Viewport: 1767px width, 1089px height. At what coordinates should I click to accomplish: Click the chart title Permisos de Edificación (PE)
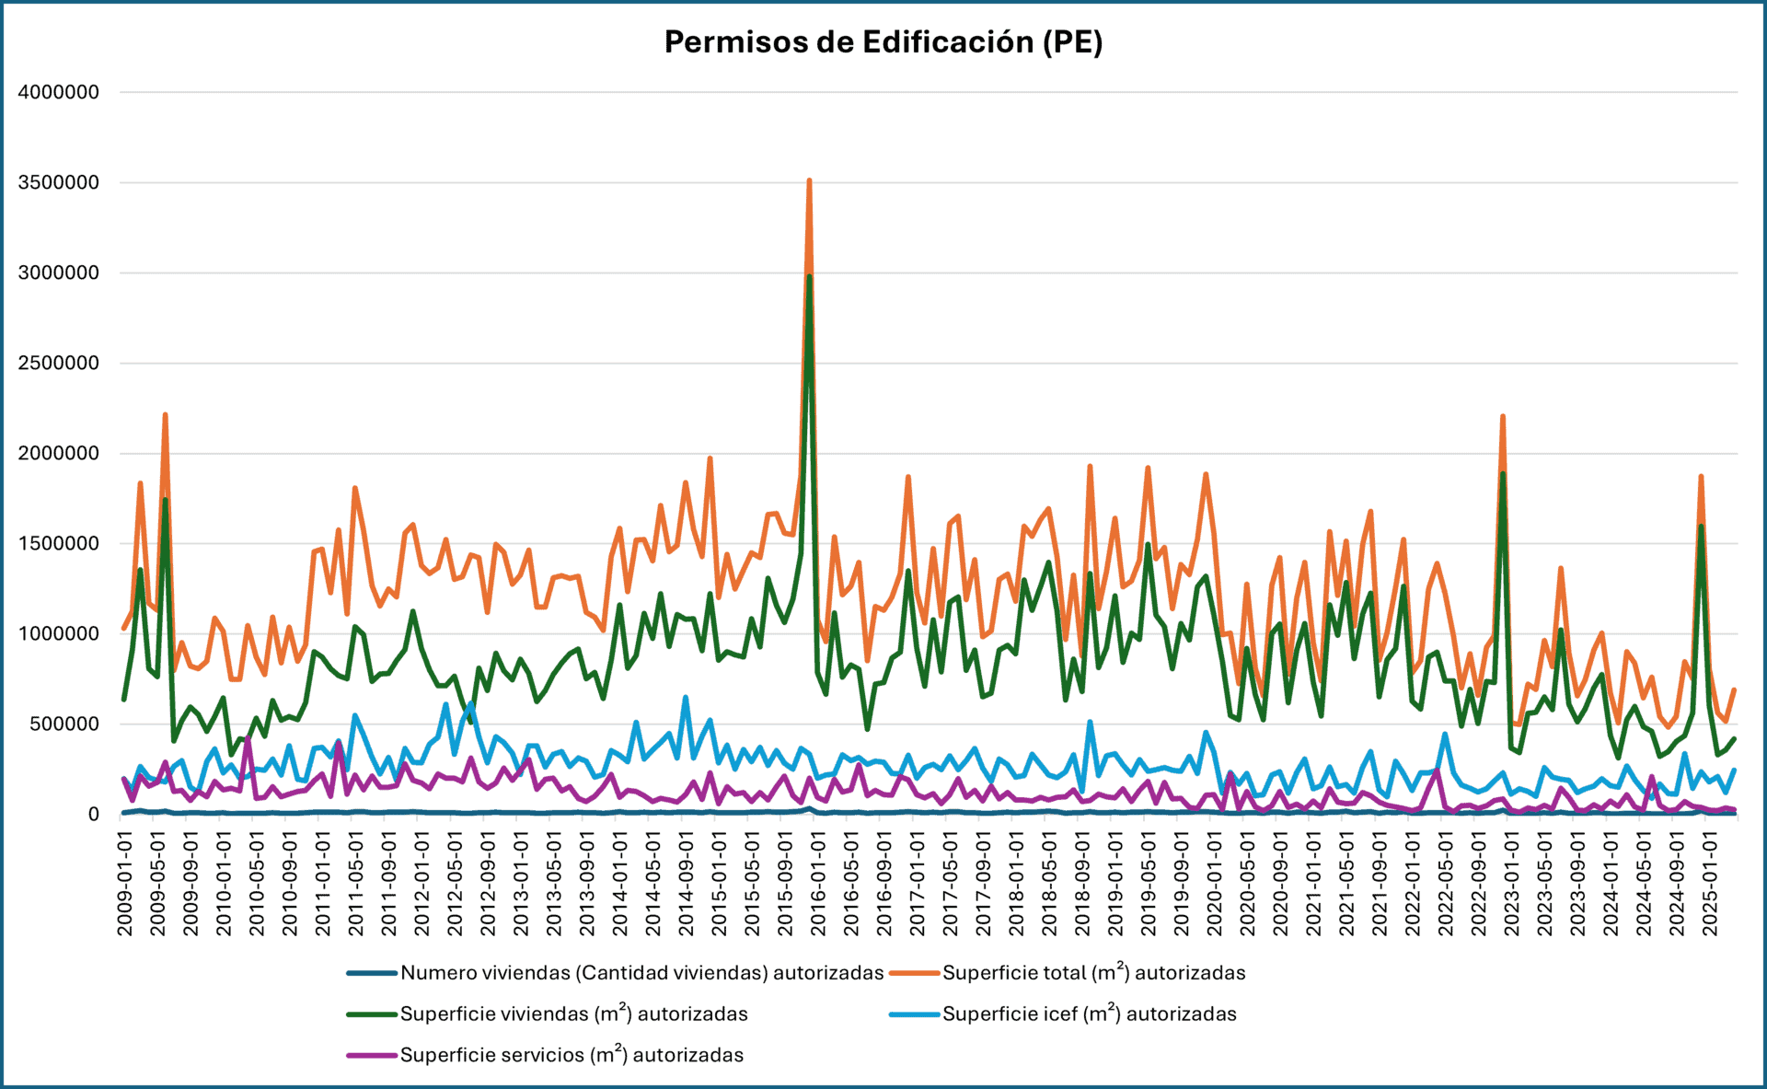(883, 42)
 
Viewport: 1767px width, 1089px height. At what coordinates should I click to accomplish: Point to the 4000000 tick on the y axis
(59, 92)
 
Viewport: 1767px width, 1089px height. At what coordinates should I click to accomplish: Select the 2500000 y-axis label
(59, 363)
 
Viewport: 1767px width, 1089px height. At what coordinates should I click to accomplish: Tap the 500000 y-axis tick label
(64, 724)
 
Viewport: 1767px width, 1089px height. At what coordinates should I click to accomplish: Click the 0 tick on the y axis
(93, 814)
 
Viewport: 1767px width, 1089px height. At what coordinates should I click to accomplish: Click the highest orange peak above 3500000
(809, 181)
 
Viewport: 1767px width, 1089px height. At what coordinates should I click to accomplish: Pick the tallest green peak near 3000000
(809, 276)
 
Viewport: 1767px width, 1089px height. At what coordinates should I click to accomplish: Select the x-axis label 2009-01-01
(125, 884)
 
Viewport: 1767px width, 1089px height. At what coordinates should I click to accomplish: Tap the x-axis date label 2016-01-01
(818, 884)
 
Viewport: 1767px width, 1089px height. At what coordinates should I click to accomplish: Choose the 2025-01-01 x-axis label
(1710, 884)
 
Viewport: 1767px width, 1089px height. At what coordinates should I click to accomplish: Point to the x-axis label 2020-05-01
(1247, 884)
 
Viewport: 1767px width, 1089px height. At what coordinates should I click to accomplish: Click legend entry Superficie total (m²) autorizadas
(1093, 973)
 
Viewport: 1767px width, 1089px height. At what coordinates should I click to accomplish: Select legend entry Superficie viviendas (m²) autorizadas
(573, 1014)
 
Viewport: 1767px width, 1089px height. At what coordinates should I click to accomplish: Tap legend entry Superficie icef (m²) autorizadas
(1089, 1014)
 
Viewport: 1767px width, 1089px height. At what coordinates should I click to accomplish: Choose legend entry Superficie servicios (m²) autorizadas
(572, 1055)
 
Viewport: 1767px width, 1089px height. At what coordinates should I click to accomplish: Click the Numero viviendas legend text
(641, 973)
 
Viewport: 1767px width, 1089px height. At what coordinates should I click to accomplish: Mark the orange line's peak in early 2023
(1503, 416)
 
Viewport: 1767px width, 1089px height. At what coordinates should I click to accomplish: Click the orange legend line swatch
(915, 973)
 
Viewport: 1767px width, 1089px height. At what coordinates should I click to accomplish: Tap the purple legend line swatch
(372, 1055)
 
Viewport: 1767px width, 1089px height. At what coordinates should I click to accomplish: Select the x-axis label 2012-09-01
(488, 884)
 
